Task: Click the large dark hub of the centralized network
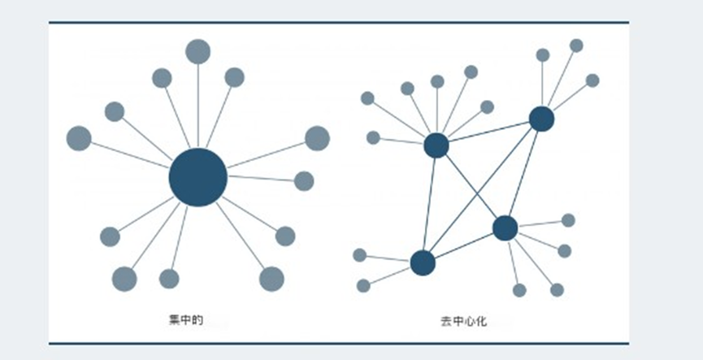click(x=197, y=177)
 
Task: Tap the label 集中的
click(x=180, y=322)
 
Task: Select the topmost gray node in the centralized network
click(x=197, y=51)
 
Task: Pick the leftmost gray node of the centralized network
click(x=79, y=138)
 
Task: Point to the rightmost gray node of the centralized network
click(x=317, y=138)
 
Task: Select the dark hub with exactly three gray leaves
click(x=541, y=119)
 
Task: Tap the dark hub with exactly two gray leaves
click(x=423, y=262)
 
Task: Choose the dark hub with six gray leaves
click(x=436, y=145)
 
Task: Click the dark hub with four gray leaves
click(x=505, y=228)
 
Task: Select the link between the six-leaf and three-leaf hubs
click(x=488, y=132)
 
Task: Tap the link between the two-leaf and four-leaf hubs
click(x=463, y=245)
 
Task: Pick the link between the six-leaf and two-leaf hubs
click(x=430, y=203)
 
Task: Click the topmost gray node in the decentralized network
click(x=576, y=46)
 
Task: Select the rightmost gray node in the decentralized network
click(x=592, y=80)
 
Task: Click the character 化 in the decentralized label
click(x=480, y=322)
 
